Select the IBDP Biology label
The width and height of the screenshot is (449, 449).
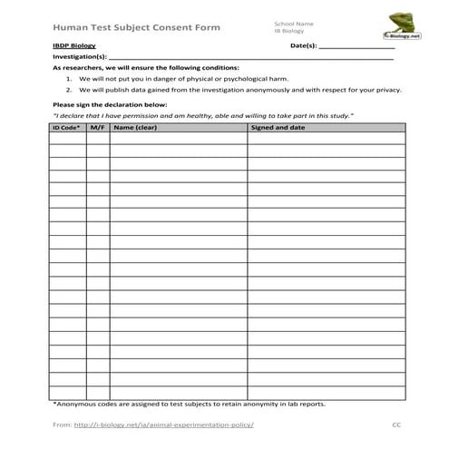[74, 44]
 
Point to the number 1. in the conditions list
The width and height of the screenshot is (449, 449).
[69, 79]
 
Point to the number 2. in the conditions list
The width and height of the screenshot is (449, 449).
[69, 90]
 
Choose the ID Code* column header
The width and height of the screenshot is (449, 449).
[66, 128]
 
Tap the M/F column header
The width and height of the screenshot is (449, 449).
[97, 128]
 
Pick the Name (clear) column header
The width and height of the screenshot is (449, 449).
[135, 128]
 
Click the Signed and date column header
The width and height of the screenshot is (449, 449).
[278, 128]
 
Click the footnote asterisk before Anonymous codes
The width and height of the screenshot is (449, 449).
[55, 405]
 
